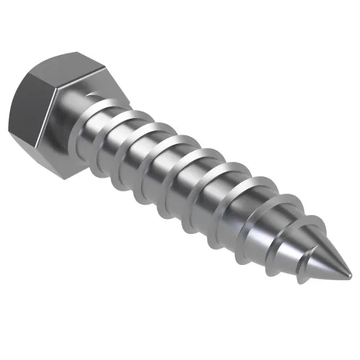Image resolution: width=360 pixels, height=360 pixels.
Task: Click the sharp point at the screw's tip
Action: (351, 275)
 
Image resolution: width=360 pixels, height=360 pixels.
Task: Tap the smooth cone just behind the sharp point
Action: (328, 259)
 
